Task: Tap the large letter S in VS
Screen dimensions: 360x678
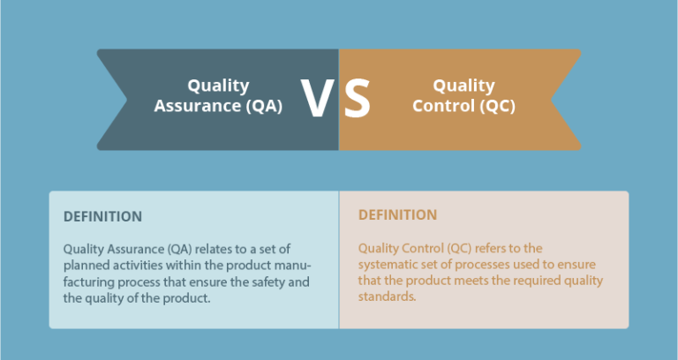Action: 357,99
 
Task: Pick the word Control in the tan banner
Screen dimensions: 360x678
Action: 441,106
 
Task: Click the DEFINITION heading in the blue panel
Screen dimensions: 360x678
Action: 102,216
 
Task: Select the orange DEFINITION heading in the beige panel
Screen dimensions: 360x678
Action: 397,214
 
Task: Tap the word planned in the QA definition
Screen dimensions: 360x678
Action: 87,266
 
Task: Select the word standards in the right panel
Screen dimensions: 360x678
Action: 387,297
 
